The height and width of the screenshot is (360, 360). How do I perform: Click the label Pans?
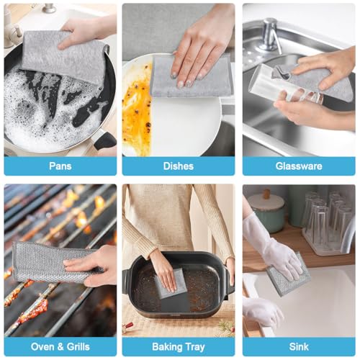pos(60,166)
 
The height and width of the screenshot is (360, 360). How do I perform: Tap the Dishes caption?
pos(178,166)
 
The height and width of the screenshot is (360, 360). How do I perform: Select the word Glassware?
pos(298,166)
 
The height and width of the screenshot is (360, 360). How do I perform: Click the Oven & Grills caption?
pos(60,347)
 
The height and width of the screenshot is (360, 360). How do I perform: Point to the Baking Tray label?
pos(178,347)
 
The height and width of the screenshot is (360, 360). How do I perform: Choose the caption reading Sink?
pos(298,347)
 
